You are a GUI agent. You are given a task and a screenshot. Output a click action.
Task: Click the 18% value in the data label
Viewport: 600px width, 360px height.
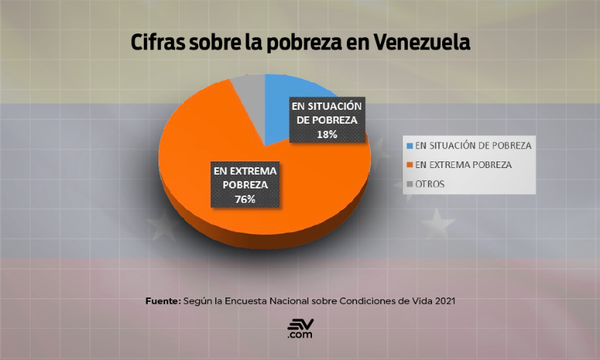pos(327,135)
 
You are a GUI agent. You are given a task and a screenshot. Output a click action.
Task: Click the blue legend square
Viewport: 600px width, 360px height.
pos(410,145)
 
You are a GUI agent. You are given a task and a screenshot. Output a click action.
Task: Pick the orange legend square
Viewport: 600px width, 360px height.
pos(410,165)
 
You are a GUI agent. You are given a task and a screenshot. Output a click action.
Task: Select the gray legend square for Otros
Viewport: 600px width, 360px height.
pos(410,184)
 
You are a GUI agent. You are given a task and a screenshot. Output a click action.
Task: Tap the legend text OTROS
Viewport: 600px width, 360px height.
pos(431,184)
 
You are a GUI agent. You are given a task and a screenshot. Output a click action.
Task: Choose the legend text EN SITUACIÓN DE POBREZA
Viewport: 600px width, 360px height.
pos(473,145)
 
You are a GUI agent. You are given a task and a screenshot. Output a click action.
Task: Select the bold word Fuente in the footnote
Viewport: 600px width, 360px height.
pos(161,299)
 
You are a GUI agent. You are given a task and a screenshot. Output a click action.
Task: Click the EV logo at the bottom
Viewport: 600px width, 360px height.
pos(300,328)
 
